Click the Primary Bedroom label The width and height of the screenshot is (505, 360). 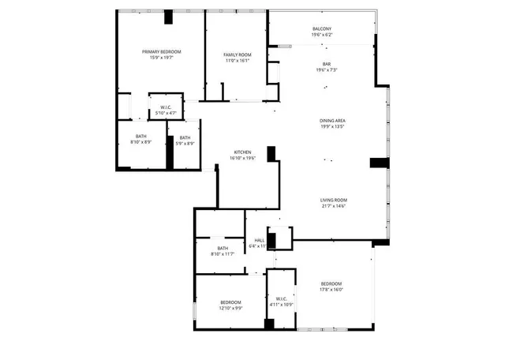coord(162,52)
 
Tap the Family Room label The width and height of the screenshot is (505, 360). coord(238,54)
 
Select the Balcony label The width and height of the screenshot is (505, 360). coord(322,29)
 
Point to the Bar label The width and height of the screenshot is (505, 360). coord(327,64)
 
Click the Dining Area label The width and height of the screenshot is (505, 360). coord(333,120)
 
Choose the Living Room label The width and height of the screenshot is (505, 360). coord(334,200)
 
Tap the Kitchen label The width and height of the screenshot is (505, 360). coord(242,152)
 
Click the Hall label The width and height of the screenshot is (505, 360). coord(259,240)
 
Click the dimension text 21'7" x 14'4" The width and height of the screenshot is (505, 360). coord(334,206)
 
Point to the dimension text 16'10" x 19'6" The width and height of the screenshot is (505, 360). coord(242,158)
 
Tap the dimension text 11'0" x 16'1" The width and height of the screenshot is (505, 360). coord(238,61)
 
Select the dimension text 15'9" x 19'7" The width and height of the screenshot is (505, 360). coord(162,58)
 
